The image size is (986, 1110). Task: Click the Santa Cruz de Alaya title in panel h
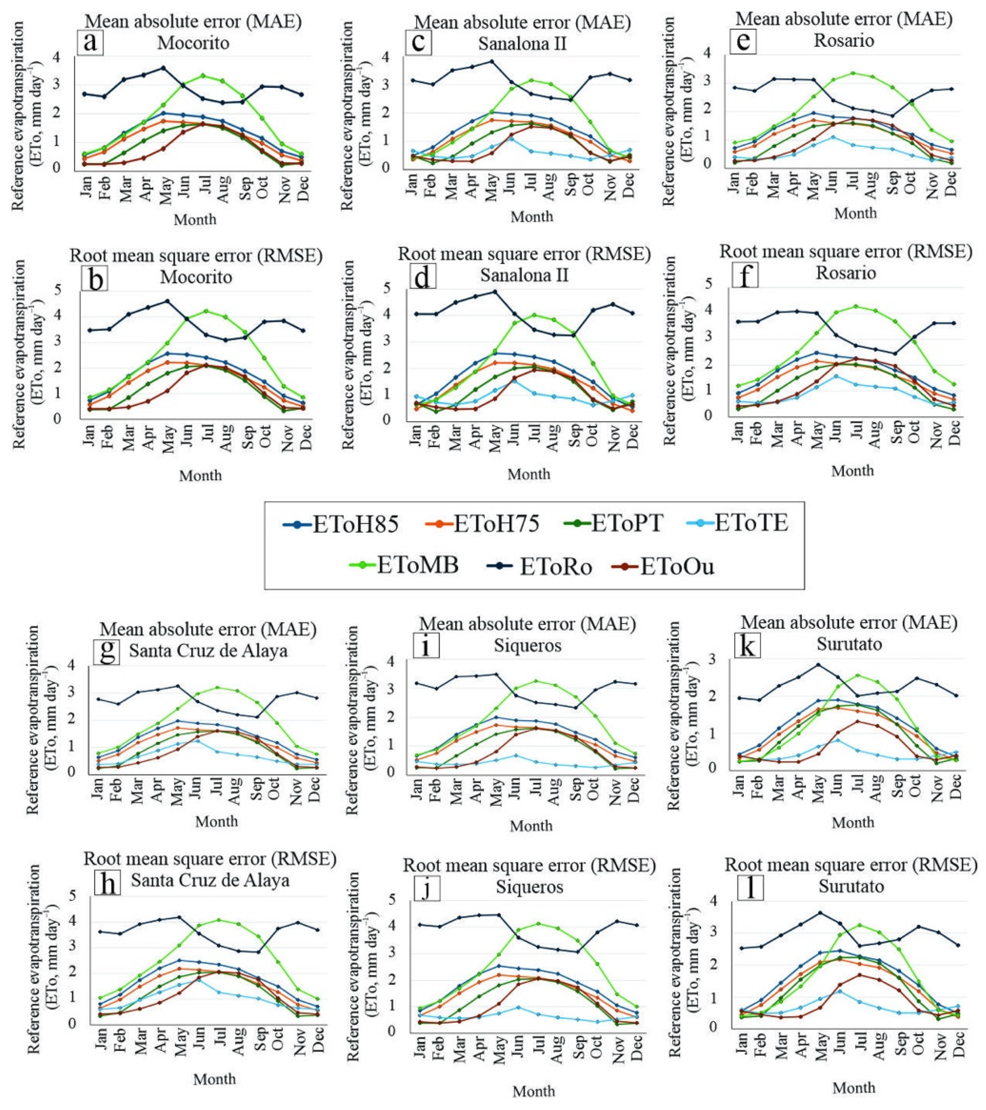(x=210, y=880)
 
